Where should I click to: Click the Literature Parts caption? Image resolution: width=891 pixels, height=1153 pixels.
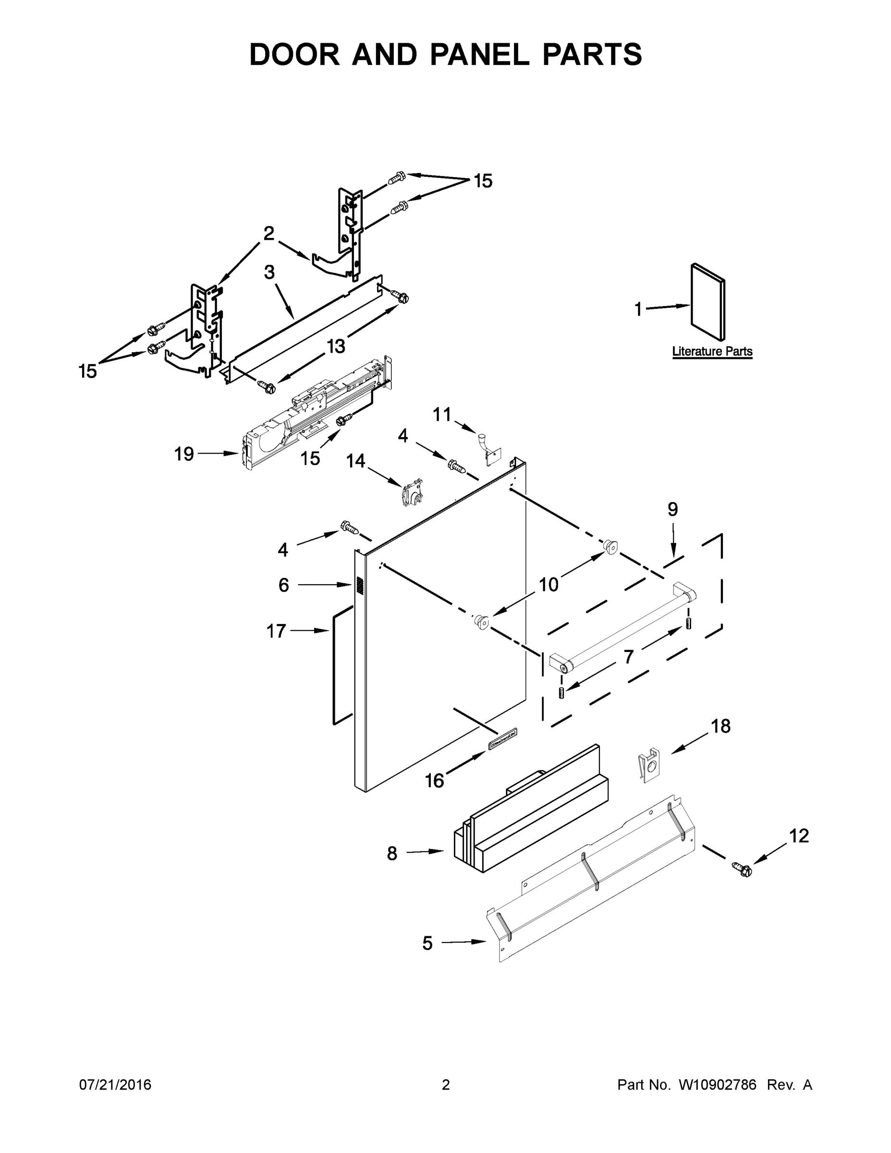711,351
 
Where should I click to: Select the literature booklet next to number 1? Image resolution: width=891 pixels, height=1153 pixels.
708,302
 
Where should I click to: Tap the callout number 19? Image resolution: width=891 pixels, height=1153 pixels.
184,454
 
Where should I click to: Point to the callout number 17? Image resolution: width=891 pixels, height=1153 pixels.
276,630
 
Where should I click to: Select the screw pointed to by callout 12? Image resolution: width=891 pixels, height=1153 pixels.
742,869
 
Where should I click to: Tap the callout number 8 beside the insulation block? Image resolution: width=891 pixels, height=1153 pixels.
391,853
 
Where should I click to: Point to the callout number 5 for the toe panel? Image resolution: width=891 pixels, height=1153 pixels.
427,943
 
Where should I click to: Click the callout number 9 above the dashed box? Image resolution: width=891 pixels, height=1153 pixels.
672,509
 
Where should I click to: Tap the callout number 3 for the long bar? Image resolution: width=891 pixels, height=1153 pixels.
269,272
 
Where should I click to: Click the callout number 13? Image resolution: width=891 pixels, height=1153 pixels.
336,346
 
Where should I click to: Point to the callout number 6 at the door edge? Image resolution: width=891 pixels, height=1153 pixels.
283,585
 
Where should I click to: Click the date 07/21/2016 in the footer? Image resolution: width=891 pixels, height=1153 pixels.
115,1084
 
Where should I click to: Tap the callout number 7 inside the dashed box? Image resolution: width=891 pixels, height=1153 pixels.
628,657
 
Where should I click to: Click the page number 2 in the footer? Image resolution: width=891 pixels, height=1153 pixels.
446,1084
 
